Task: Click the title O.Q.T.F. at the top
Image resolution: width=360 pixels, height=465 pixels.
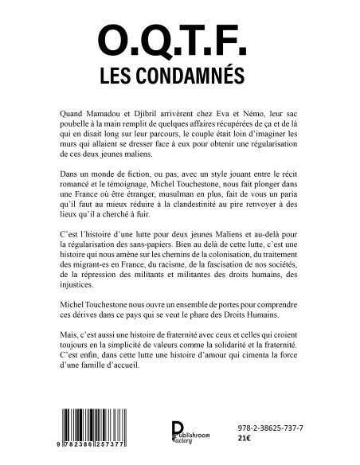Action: pyautogui.click(x=179, y=41)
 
